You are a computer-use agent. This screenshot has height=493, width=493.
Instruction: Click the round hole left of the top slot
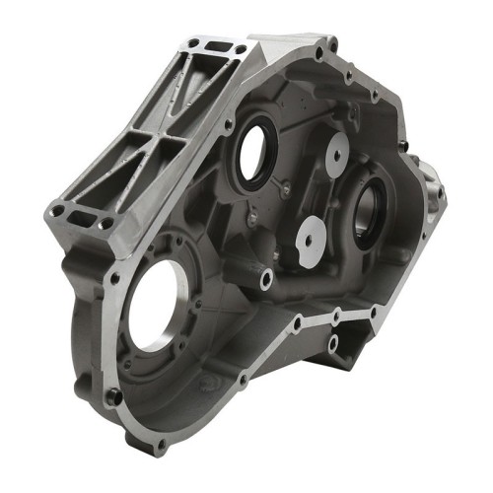194,41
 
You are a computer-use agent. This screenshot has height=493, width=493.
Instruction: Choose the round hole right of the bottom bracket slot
104,225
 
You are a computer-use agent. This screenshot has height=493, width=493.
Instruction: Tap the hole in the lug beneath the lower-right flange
333,342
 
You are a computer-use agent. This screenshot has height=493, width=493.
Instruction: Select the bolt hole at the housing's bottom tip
161,446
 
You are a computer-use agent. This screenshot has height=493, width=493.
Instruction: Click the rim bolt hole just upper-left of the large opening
115,279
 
